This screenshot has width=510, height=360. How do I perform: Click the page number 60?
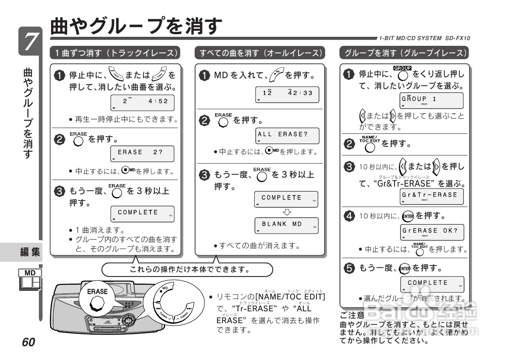(29, 342)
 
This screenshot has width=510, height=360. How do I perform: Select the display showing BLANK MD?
(286, 225)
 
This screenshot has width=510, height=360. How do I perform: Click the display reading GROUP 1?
(431, 101)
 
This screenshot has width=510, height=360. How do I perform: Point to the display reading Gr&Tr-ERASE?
(431, 196)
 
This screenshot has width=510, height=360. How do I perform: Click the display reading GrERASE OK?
(431, 232)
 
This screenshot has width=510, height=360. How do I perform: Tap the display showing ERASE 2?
(142, 153)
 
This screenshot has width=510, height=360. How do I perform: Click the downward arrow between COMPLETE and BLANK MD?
(287, 212)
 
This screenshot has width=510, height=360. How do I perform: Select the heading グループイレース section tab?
(404, 53)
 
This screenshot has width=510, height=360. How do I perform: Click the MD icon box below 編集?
(30, 280)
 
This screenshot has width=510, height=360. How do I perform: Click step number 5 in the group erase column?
(349, 268)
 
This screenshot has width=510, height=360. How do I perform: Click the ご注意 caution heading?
(352, 315)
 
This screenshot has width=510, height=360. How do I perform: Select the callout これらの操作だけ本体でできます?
(187, 270)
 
